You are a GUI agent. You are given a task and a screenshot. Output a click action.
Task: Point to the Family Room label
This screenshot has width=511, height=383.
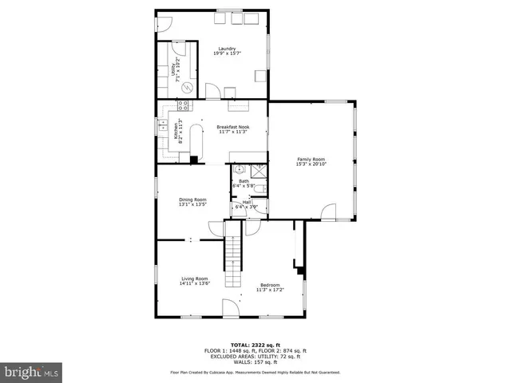coord(312,161)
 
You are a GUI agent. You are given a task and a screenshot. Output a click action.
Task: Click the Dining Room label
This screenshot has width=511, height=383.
coord(192,201)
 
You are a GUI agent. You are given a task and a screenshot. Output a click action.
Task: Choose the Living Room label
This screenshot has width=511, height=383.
coord(194,280)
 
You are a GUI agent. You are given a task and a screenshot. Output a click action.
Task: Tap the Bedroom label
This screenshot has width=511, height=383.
coord(270,287)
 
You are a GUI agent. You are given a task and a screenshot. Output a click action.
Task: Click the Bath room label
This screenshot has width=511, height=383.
coord(244,184)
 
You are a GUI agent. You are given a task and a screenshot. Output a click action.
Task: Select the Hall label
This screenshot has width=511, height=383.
coord(246,204)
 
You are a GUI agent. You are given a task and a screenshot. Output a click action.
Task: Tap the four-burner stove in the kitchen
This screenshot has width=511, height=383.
coord(183,105)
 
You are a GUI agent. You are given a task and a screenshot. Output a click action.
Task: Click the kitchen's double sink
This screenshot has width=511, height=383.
coord(162,124)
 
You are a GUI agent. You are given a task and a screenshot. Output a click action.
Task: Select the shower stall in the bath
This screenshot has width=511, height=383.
coord(259,170)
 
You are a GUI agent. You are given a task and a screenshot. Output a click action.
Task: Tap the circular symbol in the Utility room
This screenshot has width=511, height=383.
coord(188,87)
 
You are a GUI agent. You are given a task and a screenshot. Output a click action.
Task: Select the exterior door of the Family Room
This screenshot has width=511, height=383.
coord(327,212)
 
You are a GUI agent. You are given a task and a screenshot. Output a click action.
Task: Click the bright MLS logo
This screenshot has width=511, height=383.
coord(32,372)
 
